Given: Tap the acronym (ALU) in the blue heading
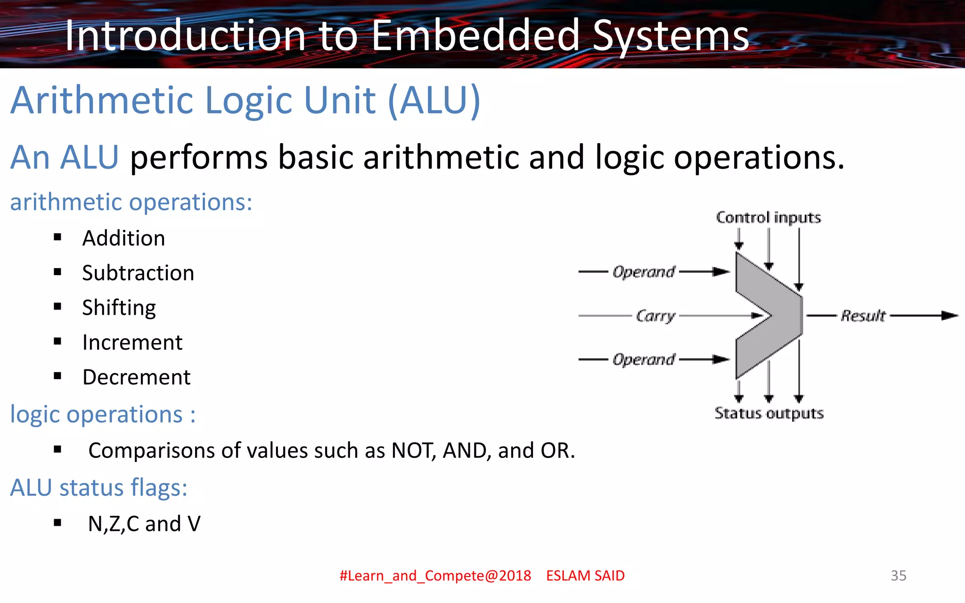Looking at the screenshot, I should (433, 100).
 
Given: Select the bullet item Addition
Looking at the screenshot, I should (123, 238).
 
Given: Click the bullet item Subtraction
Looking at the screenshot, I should (138, 273).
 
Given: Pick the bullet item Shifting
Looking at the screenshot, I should (119, 308).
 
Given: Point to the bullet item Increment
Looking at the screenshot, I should (132, 342).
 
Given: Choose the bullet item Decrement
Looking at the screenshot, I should (136, 377).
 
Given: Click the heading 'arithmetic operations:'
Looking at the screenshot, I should (131, 202).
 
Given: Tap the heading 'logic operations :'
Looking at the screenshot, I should (102, 415).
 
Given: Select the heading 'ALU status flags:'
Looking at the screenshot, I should (98, 488).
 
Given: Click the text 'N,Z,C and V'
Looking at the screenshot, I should (144, 524).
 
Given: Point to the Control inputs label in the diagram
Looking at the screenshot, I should (768, 218).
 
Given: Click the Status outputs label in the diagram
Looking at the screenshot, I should (769, 413).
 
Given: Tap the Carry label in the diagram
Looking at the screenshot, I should (655, 316).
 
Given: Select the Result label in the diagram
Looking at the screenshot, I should (863, 316).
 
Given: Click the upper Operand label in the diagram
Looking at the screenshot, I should (644, 272).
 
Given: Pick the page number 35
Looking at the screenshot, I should (898, 575).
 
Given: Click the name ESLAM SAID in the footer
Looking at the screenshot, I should (585, 575).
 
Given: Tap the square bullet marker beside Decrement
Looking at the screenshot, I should (57, 376).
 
